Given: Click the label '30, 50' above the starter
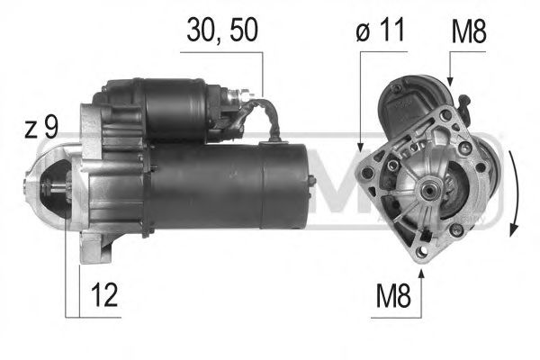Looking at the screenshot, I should [x=221, y=31].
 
